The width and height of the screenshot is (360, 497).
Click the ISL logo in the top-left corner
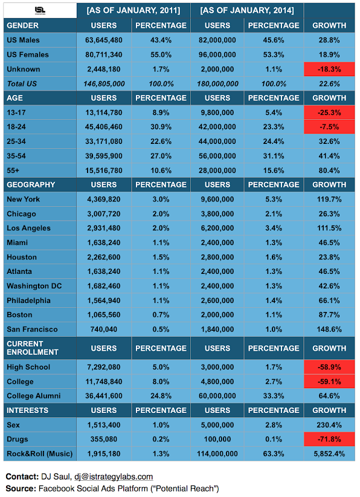click(40, 11)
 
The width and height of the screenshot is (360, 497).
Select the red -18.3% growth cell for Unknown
click(329, 69)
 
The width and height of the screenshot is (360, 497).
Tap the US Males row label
click(23, 41)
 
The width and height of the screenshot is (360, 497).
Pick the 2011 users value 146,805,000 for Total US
click(104, 84)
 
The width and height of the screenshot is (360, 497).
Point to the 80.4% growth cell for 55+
click(329, 171)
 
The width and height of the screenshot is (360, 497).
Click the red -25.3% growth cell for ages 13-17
click(329, 112)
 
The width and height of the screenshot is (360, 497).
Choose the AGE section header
click(14, 98)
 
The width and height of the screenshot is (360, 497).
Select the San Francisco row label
click(32, 330)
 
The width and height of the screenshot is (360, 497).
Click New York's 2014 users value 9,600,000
click(217, 200)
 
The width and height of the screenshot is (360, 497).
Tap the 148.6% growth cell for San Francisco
click(329, 330)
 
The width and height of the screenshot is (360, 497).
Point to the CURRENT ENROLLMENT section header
click(33, 348)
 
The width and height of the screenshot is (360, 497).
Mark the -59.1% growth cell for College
click(329, 382)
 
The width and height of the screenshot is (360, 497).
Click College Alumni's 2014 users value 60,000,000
click(217, 396)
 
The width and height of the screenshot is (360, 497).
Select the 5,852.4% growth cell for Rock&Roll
click(329, 454)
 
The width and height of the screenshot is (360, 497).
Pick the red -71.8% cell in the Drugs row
click(329, 440)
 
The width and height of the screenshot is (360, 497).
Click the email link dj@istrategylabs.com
click(114, 476)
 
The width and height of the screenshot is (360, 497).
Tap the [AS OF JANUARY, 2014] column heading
click(247, 11)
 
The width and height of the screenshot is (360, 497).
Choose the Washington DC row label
click(34, 286)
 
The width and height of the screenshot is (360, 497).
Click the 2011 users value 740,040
click(104, 330)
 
